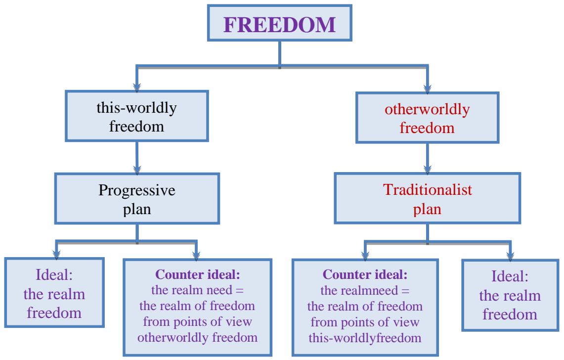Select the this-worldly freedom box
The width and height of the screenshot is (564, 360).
(x=136, y=113)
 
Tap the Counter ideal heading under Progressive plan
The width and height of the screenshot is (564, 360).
(x=197, y=272)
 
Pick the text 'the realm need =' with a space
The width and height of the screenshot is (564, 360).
(x=197, y=287)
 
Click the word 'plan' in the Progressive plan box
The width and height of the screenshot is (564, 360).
(x=136, y=208)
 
